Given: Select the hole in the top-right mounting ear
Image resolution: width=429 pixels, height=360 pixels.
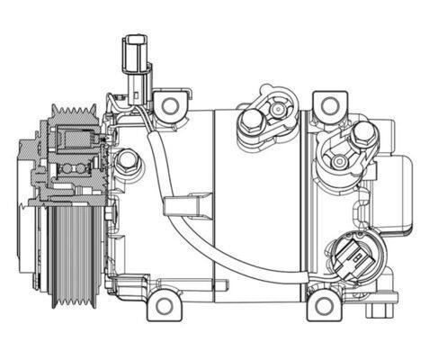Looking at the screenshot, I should click(x=322, y=106).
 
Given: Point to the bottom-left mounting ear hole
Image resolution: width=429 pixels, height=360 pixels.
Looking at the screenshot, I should click(x=163, y=306).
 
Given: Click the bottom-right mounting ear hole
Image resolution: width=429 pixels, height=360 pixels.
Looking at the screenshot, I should click(x=321, y=307).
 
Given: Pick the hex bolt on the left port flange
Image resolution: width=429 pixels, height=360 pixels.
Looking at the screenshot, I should click(x=249, y=123).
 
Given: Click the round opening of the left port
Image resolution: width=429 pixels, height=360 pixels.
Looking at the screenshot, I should click(x=275, y=110).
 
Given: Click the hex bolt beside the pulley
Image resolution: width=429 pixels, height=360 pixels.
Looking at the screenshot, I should click(x=129, y=163).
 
